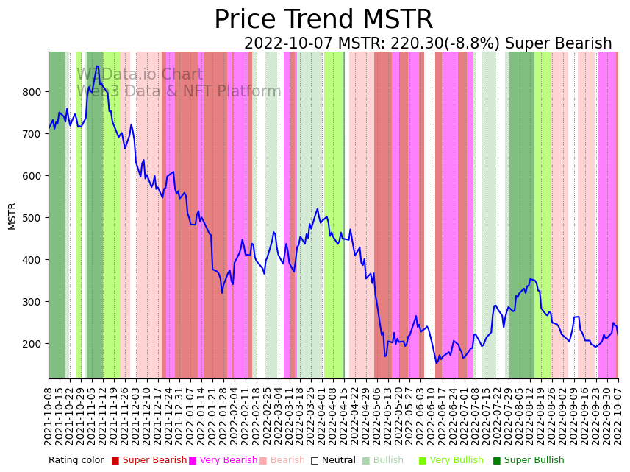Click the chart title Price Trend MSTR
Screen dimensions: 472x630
click(x=323, y=20)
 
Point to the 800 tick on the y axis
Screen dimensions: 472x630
click(x=32, y=92)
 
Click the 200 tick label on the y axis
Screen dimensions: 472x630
click(x=32, y=344)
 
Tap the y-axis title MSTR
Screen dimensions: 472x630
click(x=12, y=216)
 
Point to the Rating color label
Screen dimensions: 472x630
click(x=76, y=461)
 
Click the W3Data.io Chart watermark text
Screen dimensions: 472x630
click(x=140, y=74)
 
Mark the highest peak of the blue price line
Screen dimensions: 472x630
click(x=97, y=66)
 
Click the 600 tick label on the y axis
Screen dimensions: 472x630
click(x=32, y=176)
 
